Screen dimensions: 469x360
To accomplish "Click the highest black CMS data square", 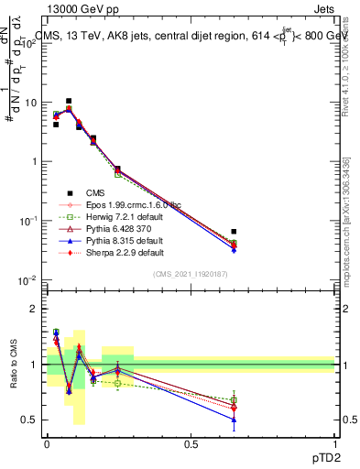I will point(69,101).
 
